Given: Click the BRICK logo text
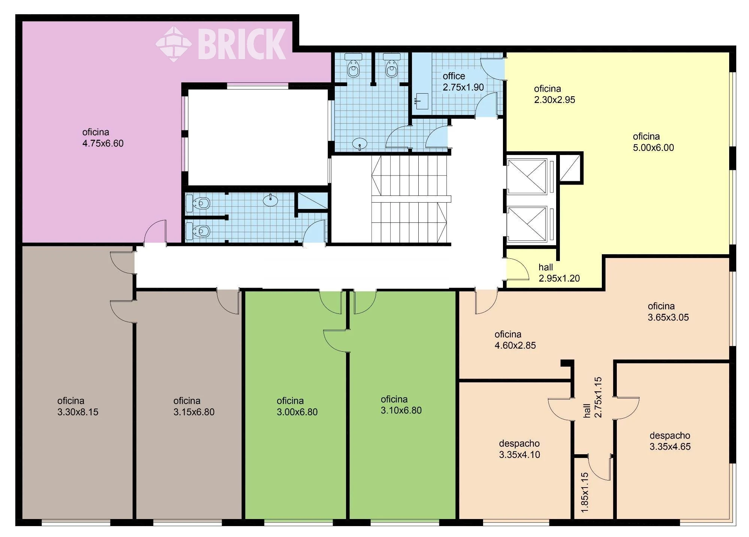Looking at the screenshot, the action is [242, 44].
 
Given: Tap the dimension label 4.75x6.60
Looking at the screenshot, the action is [103, 143].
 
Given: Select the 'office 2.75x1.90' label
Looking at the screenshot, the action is [463, 82].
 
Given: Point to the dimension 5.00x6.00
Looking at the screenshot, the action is [654, 148].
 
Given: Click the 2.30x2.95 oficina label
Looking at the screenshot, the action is [555, 94].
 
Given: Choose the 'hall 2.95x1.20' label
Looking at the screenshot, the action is [559, 273].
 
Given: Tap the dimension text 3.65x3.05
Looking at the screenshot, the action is [668, 318].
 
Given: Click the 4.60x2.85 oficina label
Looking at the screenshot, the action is [515, 340].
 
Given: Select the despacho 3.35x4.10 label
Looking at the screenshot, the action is [519, 449].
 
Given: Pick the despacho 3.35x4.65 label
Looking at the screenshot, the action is [670, 441].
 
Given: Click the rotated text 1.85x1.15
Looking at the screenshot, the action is [585, 492].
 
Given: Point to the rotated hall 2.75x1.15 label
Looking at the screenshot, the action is [593, 397].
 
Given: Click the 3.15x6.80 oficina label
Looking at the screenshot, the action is [194, 407].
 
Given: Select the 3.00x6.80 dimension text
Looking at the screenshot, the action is [297, 412].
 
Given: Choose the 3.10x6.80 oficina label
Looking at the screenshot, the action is [401, 405].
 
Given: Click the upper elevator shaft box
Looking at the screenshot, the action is [527, 176].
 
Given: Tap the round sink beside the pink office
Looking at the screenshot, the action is [270, 200].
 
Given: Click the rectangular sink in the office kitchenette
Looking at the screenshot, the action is [422, 101].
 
